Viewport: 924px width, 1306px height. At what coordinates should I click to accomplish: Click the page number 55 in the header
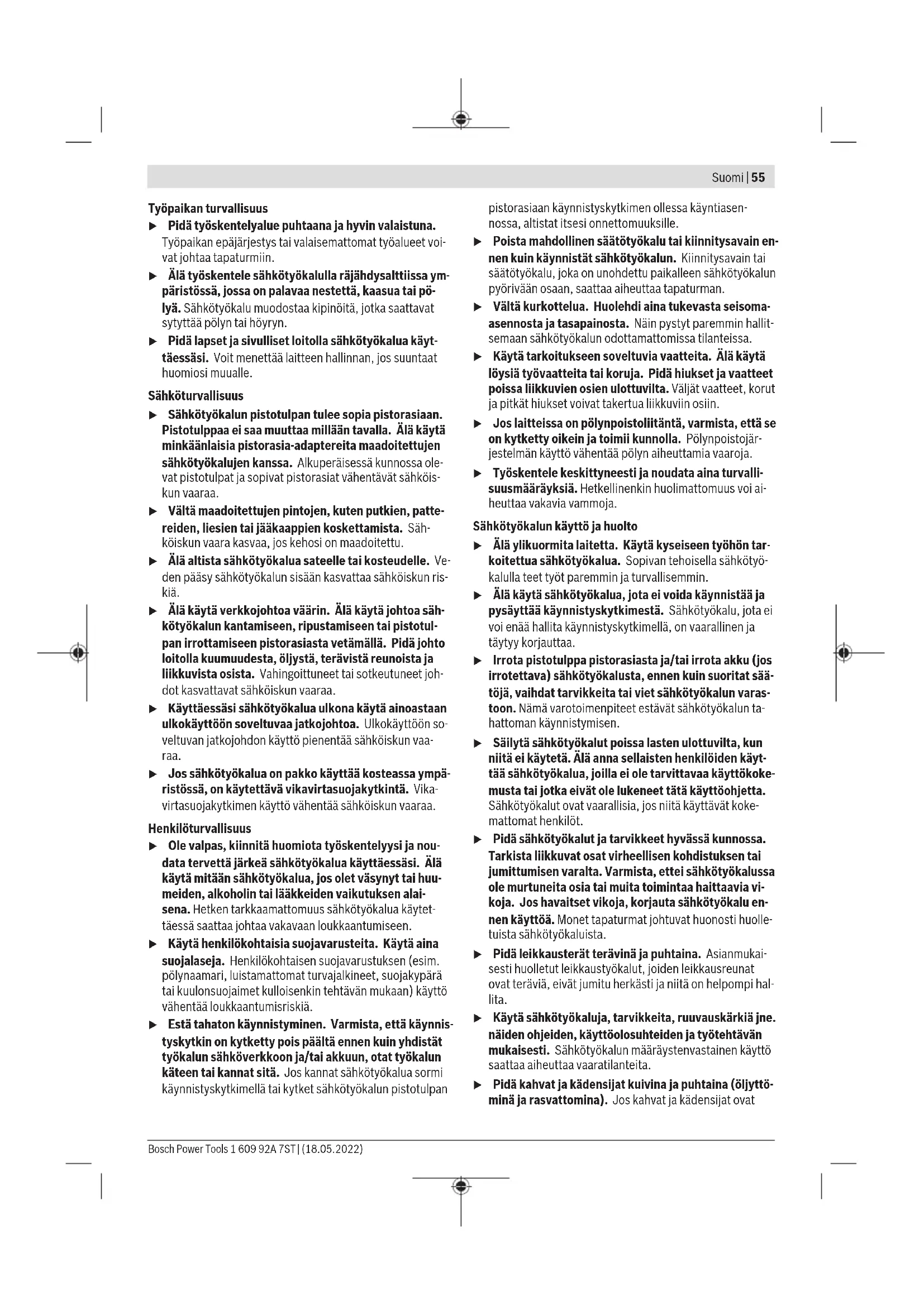tap(758, 178)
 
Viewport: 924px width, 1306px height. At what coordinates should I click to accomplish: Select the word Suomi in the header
tap(727, 178)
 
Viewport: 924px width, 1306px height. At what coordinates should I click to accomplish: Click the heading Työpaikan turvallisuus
tap(208, 208)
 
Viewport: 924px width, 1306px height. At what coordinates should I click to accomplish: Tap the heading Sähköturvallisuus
tap(195, 395)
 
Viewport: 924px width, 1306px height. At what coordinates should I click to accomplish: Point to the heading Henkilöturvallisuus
tap(199, 828)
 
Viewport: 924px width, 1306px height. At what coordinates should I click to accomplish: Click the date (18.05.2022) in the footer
tap(332, 1149)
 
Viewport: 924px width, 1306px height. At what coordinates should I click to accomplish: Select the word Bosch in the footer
tap(161, 1149)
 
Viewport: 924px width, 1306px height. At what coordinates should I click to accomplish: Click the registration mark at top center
tap(461, 119)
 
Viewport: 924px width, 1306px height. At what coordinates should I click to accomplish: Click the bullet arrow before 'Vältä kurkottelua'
tap(478, 308)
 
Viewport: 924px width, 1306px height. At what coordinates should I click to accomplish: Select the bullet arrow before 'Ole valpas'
tap(153, 847)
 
